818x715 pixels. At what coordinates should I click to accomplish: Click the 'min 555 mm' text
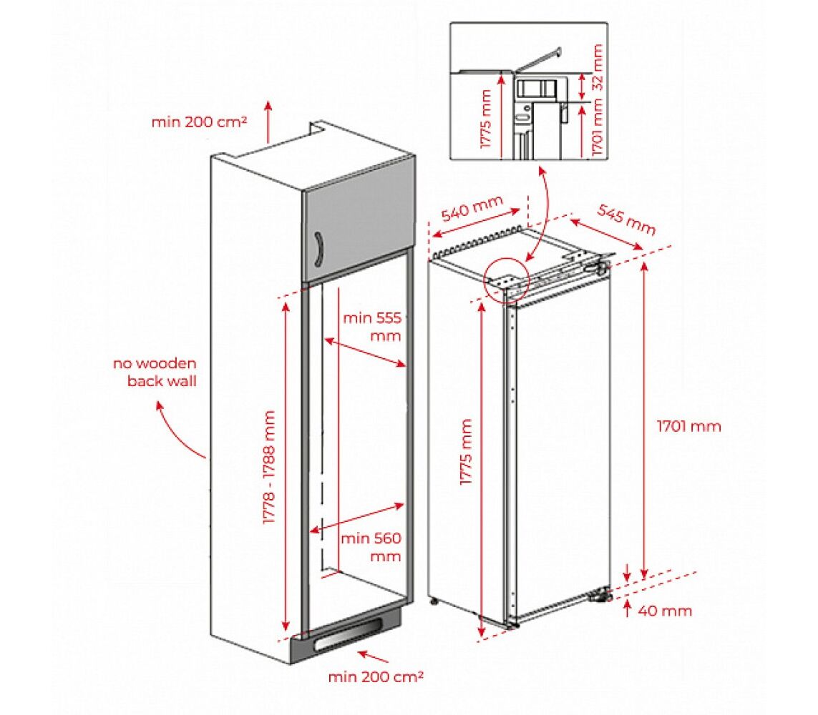coord(371,327)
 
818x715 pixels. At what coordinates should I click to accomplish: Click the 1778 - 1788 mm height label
coord(269,468)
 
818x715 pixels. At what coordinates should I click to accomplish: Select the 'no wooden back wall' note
coord(155,373)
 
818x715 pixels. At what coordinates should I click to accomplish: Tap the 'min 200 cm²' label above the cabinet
coord(199,122)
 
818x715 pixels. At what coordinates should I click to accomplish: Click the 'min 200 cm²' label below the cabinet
coord(376,675)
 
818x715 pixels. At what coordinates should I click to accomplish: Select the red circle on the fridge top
coord(507,278)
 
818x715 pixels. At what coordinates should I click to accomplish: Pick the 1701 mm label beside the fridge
coord(689,427)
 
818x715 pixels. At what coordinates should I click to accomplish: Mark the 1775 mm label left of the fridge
coord(467,453)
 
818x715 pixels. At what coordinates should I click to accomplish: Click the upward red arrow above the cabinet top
coord(269,122)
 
